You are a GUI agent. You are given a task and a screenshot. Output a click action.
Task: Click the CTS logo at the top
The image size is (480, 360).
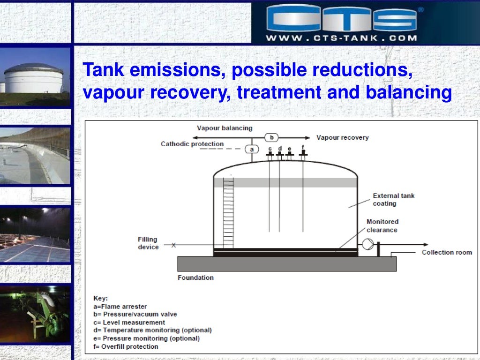[x=342, y=18]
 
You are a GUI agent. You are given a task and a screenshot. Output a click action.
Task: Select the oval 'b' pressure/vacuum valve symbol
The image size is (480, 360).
[x=272, y=137]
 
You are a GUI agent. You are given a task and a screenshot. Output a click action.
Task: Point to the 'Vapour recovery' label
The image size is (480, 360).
[x=342, y=137]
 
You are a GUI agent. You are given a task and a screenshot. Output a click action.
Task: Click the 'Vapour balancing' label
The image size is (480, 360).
[x=225, y=128]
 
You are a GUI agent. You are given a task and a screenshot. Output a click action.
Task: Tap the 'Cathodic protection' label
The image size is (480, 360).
[x=192, y=144]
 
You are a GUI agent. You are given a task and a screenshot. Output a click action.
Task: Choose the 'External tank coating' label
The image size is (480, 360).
[x=393, y=200]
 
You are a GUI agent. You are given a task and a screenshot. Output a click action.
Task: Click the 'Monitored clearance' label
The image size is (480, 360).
[x=382, y=225]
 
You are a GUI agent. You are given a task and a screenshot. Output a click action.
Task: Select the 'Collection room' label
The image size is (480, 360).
[x=447, y=252]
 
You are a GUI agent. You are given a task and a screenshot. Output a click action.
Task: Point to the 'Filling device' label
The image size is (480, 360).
[x=148, y=243]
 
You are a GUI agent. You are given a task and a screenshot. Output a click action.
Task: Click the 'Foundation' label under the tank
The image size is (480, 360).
[x=195, y=277]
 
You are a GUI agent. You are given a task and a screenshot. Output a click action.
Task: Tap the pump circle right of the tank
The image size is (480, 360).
[x=368, y=244]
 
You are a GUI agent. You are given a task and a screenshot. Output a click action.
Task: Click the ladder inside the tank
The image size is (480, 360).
[x=228, y=211]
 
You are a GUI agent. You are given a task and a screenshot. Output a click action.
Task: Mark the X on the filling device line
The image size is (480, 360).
[x=174, y=245]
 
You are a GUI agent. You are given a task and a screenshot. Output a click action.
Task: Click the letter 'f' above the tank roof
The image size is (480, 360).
[x=303, y=147]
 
